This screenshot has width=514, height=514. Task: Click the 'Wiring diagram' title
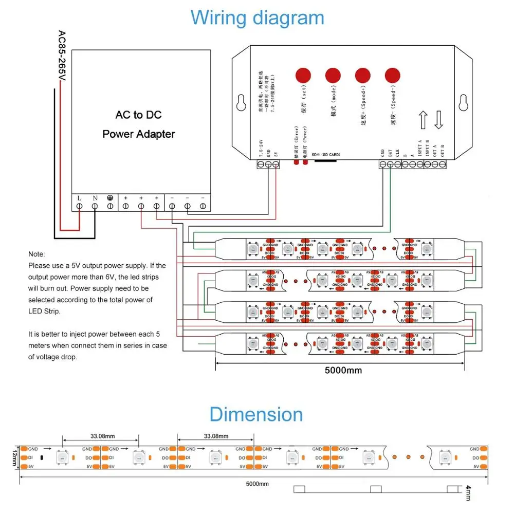(x=257, y=17)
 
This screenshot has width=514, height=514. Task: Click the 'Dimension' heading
(x=256, y=414)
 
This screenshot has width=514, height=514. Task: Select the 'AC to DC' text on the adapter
(x=139, y=115)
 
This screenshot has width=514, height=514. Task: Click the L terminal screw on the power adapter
(x=80, y=206)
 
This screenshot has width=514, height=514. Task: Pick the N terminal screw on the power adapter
(x=95, y=206)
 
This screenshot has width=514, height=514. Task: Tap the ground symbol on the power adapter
(x=110, y=197)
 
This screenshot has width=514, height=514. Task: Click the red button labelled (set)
(x=303, y=75)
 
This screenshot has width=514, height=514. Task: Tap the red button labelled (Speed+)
(x=363, y=75)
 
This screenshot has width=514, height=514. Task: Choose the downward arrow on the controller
(x=438, y=120)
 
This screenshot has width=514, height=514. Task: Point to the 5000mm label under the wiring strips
(x=343, y=370)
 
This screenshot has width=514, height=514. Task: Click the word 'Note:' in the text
(x=36, y=254)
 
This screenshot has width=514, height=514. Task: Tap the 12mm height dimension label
(x=15, y=457)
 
